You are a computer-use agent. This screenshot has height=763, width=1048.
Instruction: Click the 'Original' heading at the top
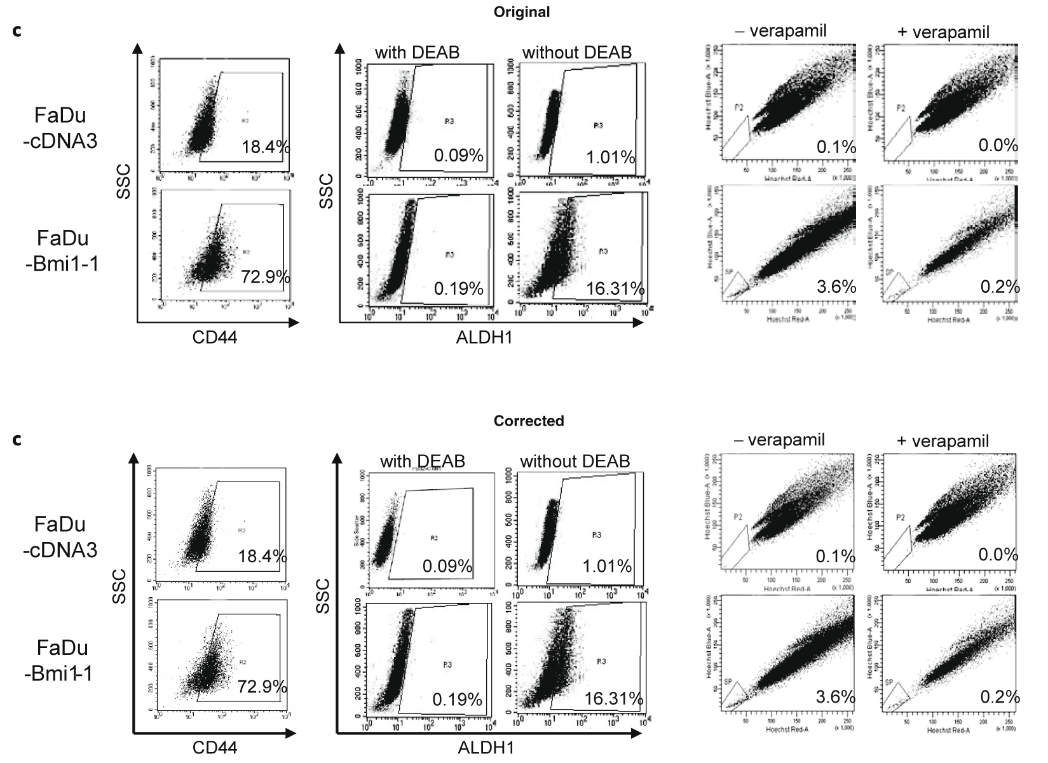tap(521, 11)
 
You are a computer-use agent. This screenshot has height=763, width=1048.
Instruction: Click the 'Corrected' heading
tap(528, 421)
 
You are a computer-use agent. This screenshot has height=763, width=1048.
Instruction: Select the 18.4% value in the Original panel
tap(266, 148)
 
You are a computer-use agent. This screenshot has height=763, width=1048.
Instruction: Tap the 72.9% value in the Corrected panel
tap(262, 686)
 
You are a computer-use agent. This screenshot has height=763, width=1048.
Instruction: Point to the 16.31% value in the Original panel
tap(615, 289)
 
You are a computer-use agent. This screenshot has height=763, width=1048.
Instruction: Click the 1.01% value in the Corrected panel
tap(607, 566)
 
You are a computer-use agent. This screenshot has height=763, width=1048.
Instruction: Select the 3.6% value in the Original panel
tap(836, 287)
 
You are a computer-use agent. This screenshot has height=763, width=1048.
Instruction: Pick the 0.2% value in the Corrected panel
tap(1000, 697)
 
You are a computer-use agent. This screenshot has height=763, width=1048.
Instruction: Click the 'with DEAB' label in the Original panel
tap(417, 53)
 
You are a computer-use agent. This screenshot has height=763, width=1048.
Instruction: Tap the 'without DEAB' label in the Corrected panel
tap(575, 461)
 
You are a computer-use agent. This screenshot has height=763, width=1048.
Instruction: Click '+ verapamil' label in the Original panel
tap(944, 32)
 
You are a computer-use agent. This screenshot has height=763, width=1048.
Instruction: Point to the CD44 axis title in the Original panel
tap(215, 337)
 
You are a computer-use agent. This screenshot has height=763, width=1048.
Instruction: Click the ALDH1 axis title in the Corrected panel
tap(486, 748)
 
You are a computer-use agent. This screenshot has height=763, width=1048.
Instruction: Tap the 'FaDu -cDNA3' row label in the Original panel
tap(65, 128)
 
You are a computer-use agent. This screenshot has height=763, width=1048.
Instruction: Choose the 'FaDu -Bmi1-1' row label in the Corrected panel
tap(62, 660)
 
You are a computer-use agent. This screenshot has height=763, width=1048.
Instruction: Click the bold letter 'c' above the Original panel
tap(17, 30)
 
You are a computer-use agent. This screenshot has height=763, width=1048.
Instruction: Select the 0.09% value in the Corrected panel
tap(447, 566)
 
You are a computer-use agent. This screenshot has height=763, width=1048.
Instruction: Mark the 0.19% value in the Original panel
tap(458, 289)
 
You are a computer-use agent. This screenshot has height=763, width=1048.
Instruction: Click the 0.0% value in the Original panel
tap(998, 145)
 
